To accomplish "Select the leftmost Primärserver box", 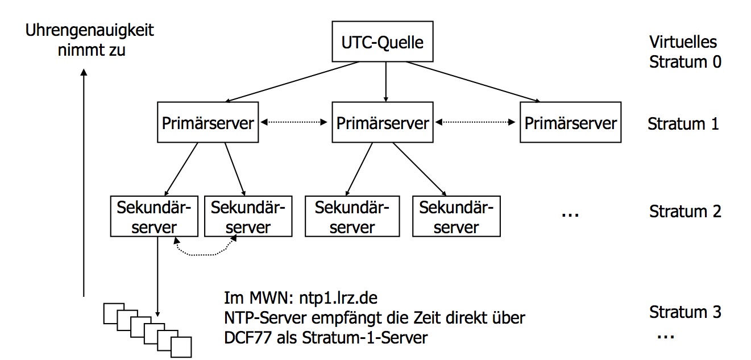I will [207, 122].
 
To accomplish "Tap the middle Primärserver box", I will [383, 122].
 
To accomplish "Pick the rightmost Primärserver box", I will [570, 122].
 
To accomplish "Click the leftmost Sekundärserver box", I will [154, 217].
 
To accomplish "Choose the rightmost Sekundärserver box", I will [457, 217].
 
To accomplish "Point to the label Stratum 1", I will [683, 123].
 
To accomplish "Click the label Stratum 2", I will [684, 212].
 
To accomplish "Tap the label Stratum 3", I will [684, 312].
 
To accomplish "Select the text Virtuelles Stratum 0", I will [684, 51].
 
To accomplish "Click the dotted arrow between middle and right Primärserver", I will [475, 122].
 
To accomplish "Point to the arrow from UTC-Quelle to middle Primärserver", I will [386, 81].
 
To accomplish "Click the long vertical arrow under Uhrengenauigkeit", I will [84, 182].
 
